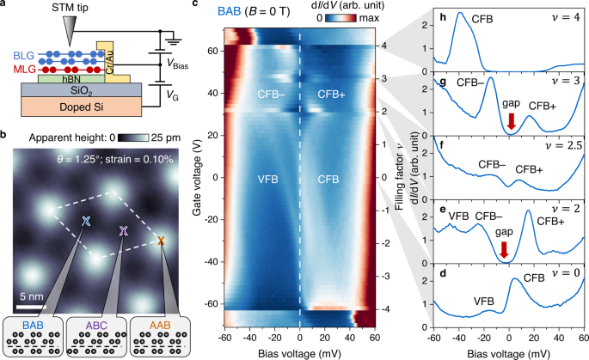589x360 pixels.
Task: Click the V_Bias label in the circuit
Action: click(x=182, y=63)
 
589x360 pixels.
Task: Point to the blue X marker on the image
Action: click(x=86, y=221)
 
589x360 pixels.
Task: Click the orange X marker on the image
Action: click(x=160, y=241)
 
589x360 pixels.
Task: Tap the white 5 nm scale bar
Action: click(x=28, y=305)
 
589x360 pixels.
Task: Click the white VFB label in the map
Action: click(x=268, y=180)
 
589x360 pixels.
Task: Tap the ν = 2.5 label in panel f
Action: click(x=565, y=148)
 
